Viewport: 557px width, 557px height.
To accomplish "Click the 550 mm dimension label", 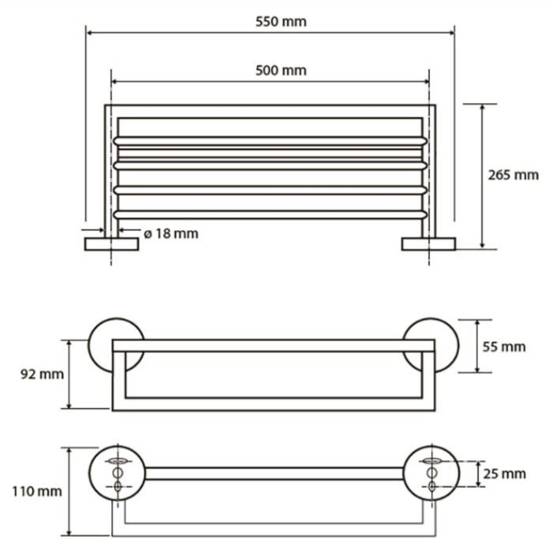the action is click(281, 22).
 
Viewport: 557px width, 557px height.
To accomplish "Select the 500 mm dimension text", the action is click(281, 71).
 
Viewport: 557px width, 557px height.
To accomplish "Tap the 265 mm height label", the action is click(513, 175).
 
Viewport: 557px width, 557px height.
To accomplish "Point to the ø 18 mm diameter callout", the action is click(171, 234).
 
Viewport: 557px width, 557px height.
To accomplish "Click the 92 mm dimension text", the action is click(42, 374).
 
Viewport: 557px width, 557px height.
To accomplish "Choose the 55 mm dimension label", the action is click(504, 347).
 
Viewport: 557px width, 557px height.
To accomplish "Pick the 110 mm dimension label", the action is click(37, 492).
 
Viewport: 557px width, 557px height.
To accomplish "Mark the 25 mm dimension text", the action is click(505, 474).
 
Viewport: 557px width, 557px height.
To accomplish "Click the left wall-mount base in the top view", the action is click(111, 244).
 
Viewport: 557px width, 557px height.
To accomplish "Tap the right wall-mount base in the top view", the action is click(428, 244).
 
